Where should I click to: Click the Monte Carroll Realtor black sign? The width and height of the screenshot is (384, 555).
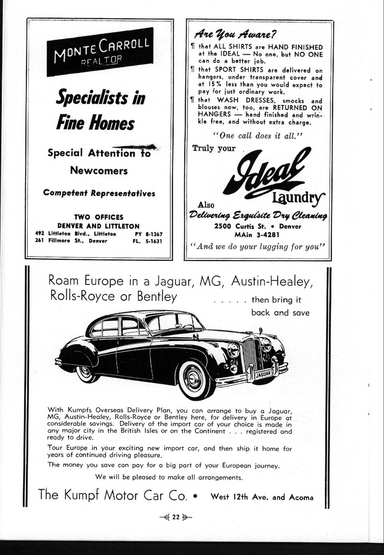[x=100, y=51]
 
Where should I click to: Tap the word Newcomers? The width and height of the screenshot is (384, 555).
[x=99, y=171]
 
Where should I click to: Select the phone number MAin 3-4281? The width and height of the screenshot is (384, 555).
[x=257, y=234]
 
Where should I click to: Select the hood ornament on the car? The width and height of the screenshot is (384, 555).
[x=260, y=330]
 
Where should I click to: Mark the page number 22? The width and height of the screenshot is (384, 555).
[x=175, y=518]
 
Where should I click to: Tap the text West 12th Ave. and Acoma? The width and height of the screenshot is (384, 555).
[x=262, y=498]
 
